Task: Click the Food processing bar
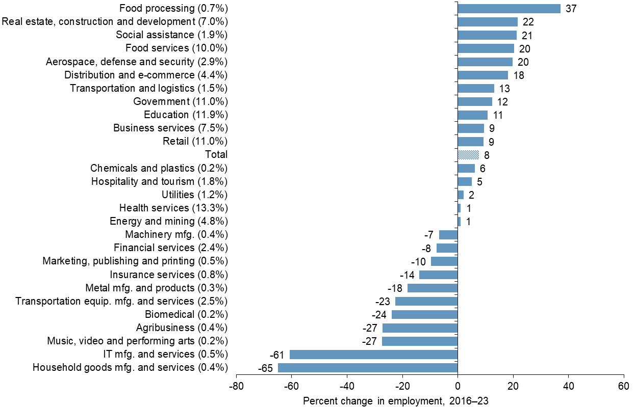[x=509, y=9]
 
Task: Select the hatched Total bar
[x=468, y=155]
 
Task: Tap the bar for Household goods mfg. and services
[x=368, y=368]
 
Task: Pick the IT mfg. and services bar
[x=373, y=355]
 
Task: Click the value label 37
[x=571, y=9]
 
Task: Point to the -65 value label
[x=265, y=368]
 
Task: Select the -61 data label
[x=277, y=355]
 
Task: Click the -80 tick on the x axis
[x=236, y=386]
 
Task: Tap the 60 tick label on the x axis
[x=623, y=386]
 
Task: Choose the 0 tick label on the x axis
[x=458, y=386]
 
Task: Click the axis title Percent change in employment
[x=396, y=401]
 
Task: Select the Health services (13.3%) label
[x=173, y=208]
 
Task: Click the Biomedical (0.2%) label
[x=186, y=314]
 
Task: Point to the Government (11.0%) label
[x=180, y=101]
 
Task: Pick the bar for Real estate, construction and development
[x=488, y=22]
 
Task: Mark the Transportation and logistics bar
[x=476, y=89]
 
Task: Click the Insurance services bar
[x=438, y=275]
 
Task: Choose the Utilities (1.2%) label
[x=194, y=195]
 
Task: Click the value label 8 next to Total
[x=487, y=155]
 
